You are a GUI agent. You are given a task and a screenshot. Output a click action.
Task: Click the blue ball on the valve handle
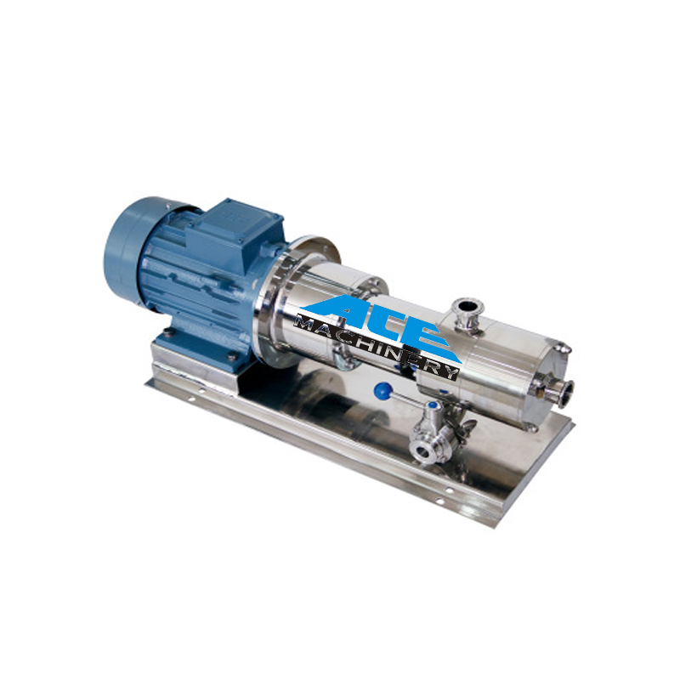(x=383, y=391)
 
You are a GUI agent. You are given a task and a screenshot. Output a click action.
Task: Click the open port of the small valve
(x=422, y=451)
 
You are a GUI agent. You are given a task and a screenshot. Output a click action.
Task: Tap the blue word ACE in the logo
(x=382, y=322)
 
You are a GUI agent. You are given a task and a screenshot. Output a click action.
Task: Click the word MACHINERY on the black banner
(x=377, y=346)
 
